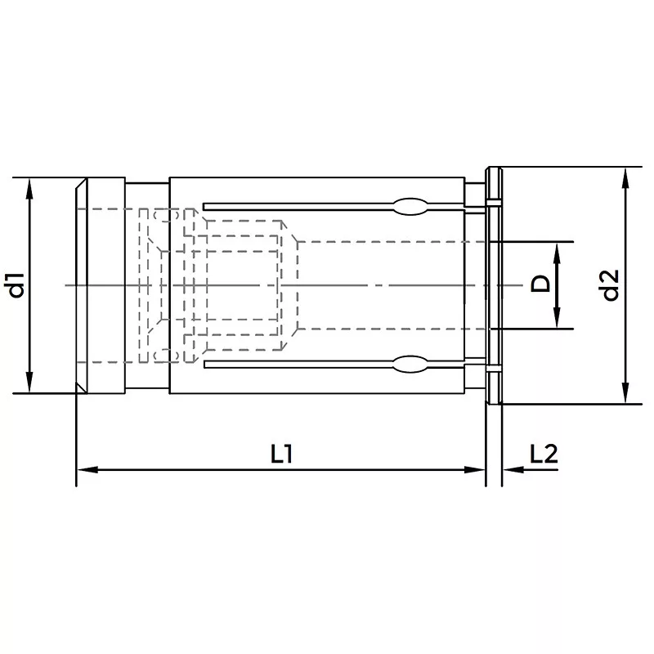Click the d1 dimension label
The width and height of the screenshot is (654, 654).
17,285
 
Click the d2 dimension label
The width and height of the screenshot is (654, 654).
611,285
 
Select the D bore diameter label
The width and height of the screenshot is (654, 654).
540,284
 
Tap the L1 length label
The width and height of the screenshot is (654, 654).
281,455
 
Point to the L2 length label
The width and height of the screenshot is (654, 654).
544,455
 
